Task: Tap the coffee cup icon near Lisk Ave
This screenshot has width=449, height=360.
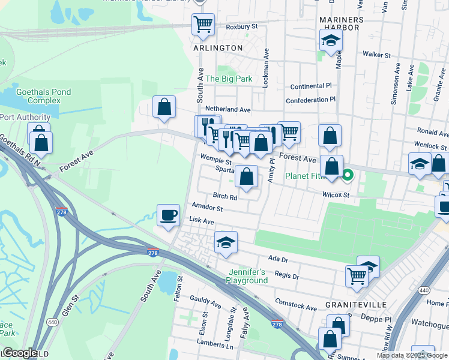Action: pos(168,214)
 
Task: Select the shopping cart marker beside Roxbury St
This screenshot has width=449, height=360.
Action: pos(203,25)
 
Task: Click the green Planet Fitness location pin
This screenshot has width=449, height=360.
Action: pos(348,176)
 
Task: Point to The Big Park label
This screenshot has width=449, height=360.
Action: pos(229,79)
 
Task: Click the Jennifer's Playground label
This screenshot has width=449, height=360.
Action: pos(247,276)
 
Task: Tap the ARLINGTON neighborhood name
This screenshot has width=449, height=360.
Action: pos(218,47)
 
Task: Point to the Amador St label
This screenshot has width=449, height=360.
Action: pos(207,208)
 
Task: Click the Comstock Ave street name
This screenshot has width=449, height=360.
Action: pos(295,304)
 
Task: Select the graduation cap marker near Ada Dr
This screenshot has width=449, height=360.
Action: pos(226,242)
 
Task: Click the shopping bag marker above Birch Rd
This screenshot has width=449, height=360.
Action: pos(246,176)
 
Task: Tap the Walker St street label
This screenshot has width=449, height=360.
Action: pos(377,54)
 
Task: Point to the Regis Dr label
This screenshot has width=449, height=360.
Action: pos(286,275)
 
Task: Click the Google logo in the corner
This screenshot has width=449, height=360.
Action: pos(19,353)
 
